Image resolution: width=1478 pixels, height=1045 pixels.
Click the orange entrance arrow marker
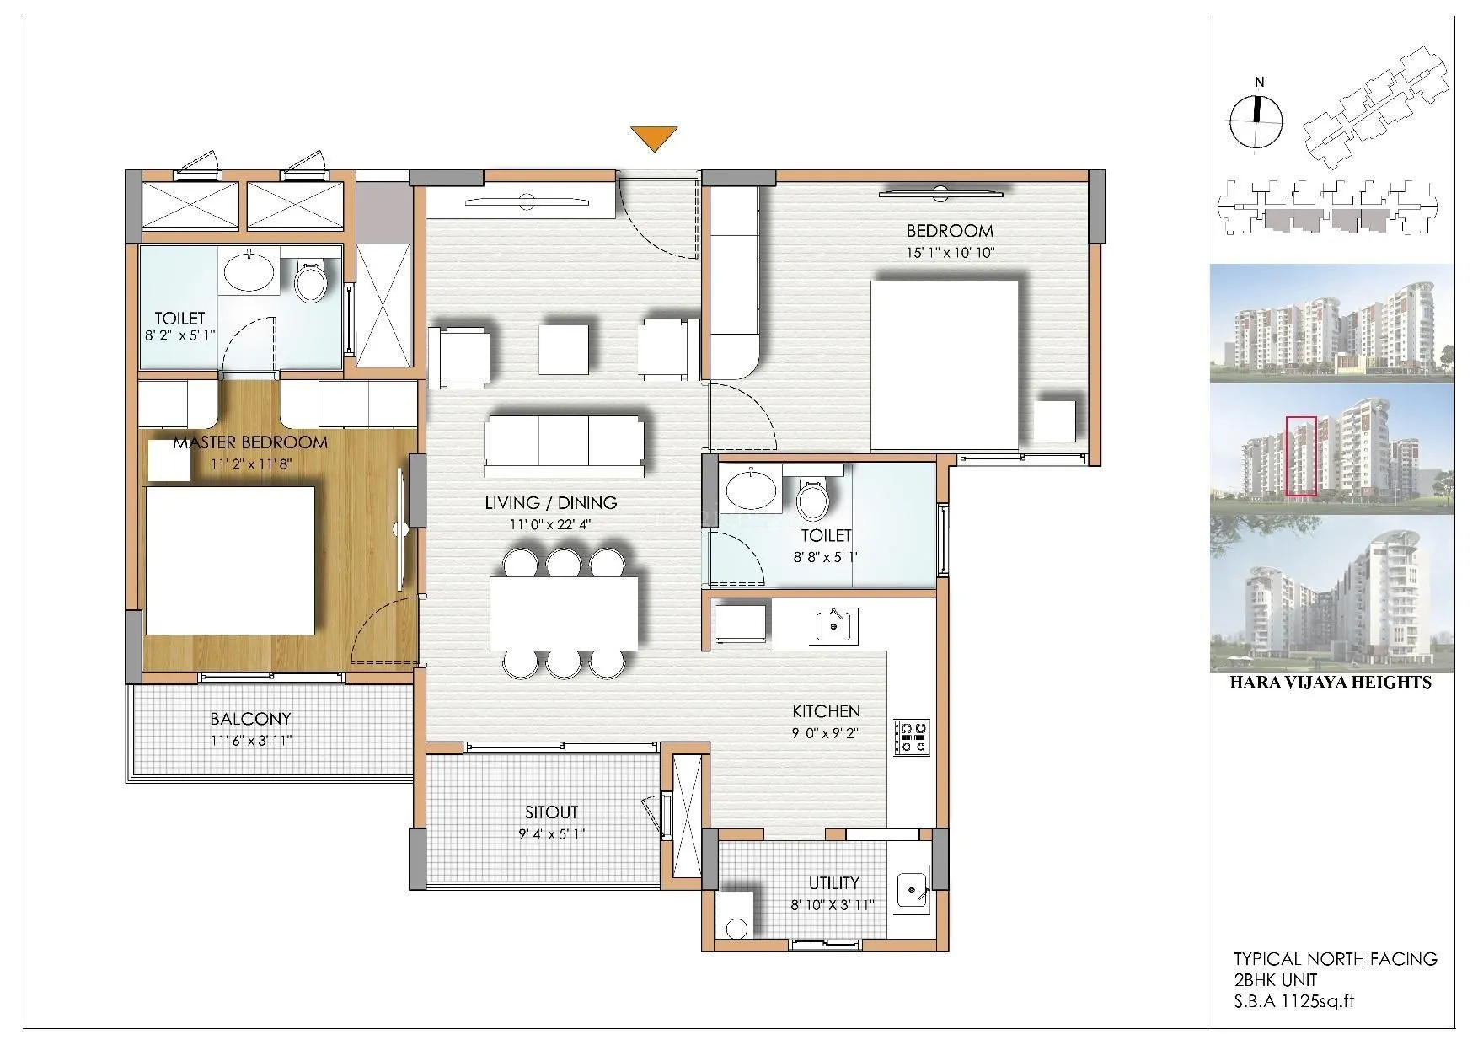[x=654, y=137]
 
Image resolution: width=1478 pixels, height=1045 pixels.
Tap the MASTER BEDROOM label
[x=249, y=442]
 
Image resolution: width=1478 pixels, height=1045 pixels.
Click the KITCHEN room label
[x=825, y=712]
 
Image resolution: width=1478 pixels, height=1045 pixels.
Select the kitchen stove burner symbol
[x=912, y=736]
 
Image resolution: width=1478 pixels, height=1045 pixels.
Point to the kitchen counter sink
[x=834, y=626]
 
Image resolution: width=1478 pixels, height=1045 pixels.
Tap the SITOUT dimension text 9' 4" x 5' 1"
[x=551, y=833]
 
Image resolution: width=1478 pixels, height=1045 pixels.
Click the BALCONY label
[x=250, y=719]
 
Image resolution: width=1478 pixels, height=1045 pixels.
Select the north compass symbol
[x=1256, y=121]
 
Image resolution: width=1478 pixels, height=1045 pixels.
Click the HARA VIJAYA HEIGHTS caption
[x=1331, y=683]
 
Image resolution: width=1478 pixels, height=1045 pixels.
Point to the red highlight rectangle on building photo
[x=1301, y=456]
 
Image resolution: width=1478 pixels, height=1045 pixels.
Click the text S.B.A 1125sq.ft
[x=1293, y=1001]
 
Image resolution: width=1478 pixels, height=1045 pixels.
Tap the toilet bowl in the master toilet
[x=310, y=283]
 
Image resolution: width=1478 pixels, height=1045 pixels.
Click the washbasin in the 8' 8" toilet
[x=751, y=491]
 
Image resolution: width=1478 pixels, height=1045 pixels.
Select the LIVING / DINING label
[x=550, y=503]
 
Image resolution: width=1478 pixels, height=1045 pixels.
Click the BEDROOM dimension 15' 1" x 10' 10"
[x=950, y=252]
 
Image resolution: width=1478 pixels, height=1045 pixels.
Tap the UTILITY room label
[x=833, y=882]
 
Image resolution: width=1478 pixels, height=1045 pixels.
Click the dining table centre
[x=564, y=613]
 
